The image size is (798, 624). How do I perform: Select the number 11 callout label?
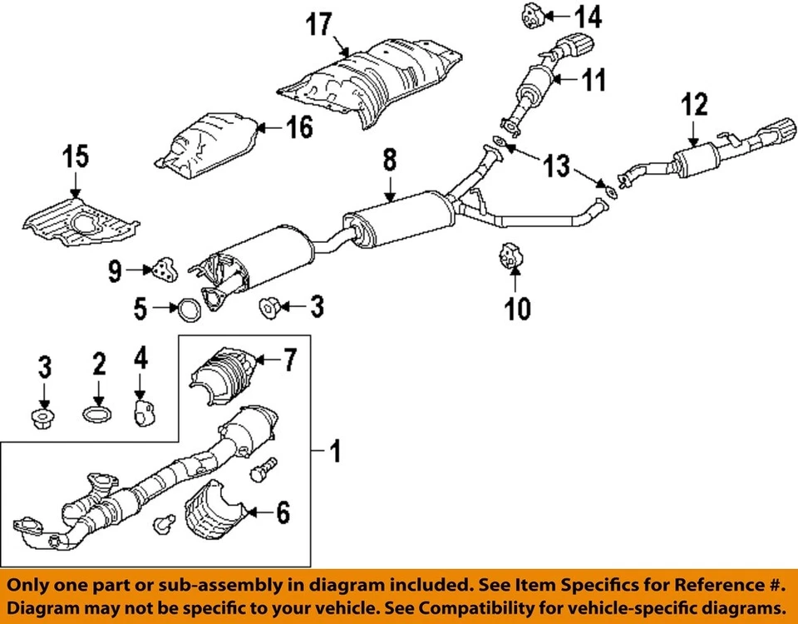tap(593, 80)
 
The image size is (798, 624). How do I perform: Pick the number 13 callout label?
tap(557, 166)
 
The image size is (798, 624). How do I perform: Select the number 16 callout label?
tap(299, 127)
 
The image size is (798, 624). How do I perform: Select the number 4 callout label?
tap(140, 360)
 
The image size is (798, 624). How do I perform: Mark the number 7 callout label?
tap(289, 360)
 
